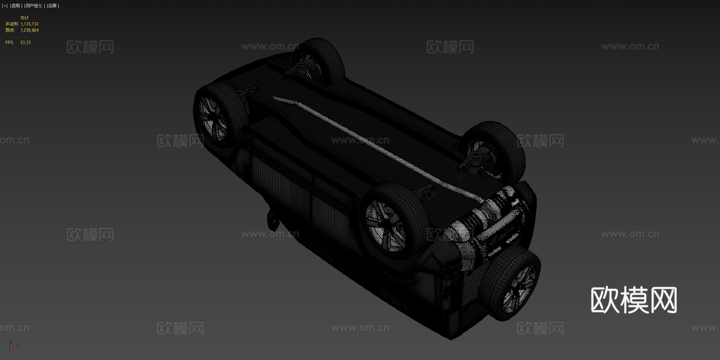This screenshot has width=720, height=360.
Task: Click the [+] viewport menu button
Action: point(5,6)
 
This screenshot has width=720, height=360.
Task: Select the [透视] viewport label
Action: point(16,6)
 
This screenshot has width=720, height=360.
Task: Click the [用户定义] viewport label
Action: point(34,6)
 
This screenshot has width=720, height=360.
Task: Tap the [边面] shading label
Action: point(53,6)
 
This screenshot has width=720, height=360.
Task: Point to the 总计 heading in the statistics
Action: point(24,18)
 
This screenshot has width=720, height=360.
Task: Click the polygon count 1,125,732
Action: point(30,24)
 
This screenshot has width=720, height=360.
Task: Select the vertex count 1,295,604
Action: point(30,30)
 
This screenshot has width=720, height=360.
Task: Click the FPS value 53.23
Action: point(25,42)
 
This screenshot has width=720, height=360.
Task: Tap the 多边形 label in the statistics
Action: point(12,24)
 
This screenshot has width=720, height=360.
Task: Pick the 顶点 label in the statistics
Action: point(10,30)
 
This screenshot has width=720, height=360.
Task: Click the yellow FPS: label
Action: point(9,42)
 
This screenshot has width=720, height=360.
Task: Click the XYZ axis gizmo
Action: point(10,346)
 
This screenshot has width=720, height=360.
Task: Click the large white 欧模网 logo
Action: point(634,300)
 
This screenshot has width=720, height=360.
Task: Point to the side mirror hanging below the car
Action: point(273,220)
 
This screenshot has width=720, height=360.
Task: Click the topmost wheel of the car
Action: point(322,60)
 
